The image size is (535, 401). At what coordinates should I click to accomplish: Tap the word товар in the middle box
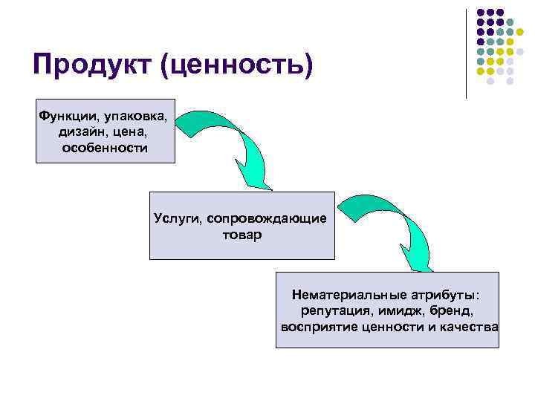(241, 235)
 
